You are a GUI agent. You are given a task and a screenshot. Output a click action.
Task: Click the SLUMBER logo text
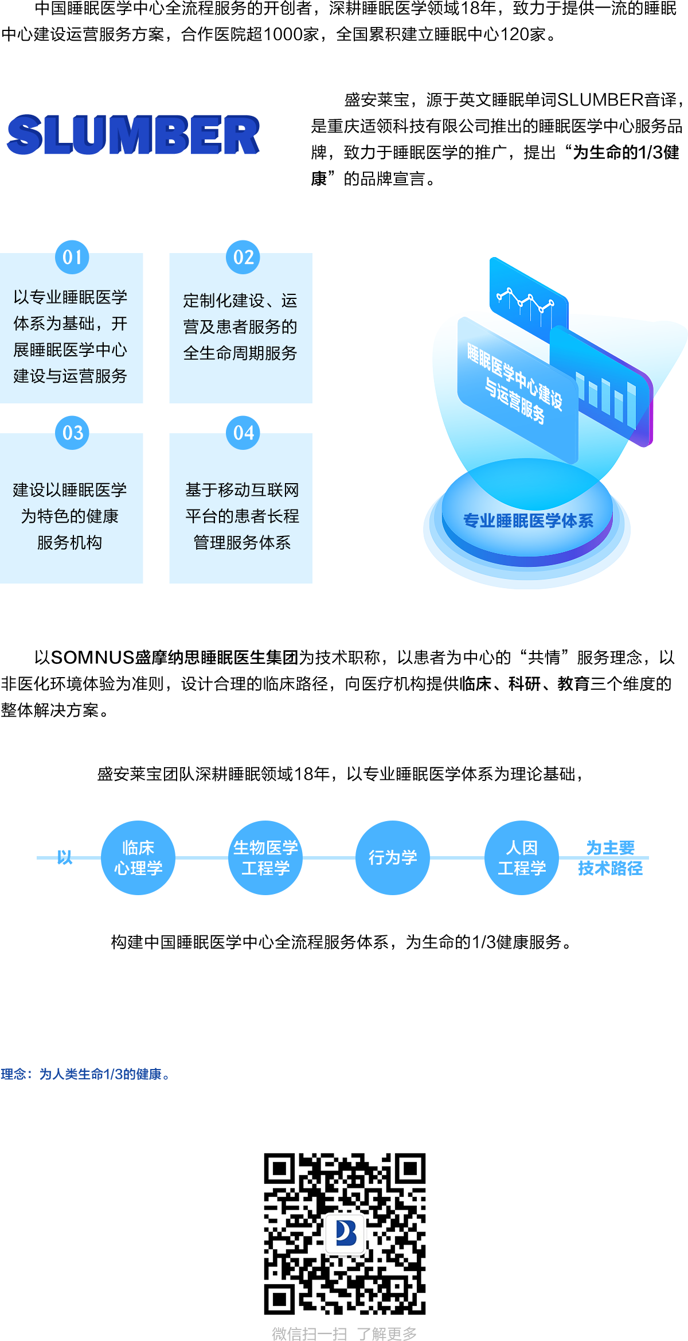(x=133, y=135)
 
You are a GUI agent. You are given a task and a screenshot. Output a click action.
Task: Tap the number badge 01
(x=72, y=256)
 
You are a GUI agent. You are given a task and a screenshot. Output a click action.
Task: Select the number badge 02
(x=243, y=256)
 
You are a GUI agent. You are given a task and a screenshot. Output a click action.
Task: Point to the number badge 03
(x=72, y=432)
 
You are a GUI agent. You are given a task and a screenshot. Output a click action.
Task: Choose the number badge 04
(x=243, y=432)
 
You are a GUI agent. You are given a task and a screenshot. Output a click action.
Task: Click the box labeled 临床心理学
(x=138, y=857)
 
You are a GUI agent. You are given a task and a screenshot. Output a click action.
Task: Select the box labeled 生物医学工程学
(x=265, y=857)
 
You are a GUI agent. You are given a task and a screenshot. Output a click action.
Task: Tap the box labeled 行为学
(x=392, y=857)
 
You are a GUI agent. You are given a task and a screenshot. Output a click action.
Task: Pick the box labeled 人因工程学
(x=521, y=857)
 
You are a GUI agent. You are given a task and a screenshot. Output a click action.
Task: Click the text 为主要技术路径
(x=611, y=858)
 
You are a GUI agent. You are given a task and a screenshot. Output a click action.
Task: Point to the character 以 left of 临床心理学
(x=65, y=857)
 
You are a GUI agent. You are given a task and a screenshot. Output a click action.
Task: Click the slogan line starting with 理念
(x=85, y=1074)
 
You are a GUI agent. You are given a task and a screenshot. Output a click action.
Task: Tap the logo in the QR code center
(x=345, y=1233)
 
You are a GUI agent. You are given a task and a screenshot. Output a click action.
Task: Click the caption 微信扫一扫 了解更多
(x=344, y=1333)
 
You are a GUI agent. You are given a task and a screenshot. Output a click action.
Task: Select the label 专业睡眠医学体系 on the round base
(x=528, y=520)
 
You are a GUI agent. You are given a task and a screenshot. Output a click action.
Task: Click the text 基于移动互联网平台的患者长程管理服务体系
(x=242, y=516)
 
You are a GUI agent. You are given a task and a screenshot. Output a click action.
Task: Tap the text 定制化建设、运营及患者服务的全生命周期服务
(x=240, y=326)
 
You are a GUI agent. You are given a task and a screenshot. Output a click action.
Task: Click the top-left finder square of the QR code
(x=279, y=1169)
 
